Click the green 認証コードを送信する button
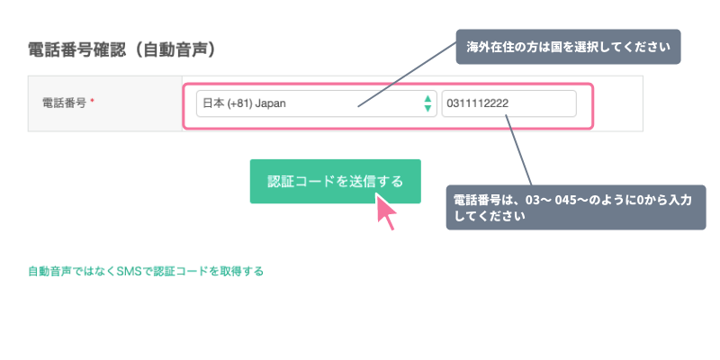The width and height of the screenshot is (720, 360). tap(335, 182)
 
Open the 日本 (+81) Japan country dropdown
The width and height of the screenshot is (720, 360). tap(317, 103)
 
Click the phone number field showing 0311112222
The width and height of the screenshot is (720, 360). tap(508, 103)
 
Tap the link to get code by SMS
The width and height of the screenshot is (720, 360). tap(146, 272)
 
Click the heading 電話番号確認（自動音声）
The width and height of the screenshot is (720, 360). tap(121, 50)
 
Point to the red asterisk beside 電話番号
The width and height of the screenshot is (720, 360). tap(92, 102)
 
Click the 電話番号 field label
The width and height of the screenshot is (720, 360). tap(64, 103)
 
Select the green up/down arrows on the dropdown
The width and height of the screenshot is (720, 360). tap(427, 103)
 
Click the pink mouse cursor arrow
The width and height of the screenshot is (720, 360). tap(386, 211)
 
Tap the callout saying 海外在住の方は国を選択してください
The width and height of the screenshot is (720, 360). tap(568, 47)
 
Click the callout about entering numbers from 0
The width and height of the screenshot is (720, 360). tap(576, 208)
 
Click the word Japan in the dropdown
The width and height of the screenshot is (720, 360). tap(271, 103)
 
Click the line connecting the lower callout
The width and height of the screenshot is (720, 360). tap(518, 150)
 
